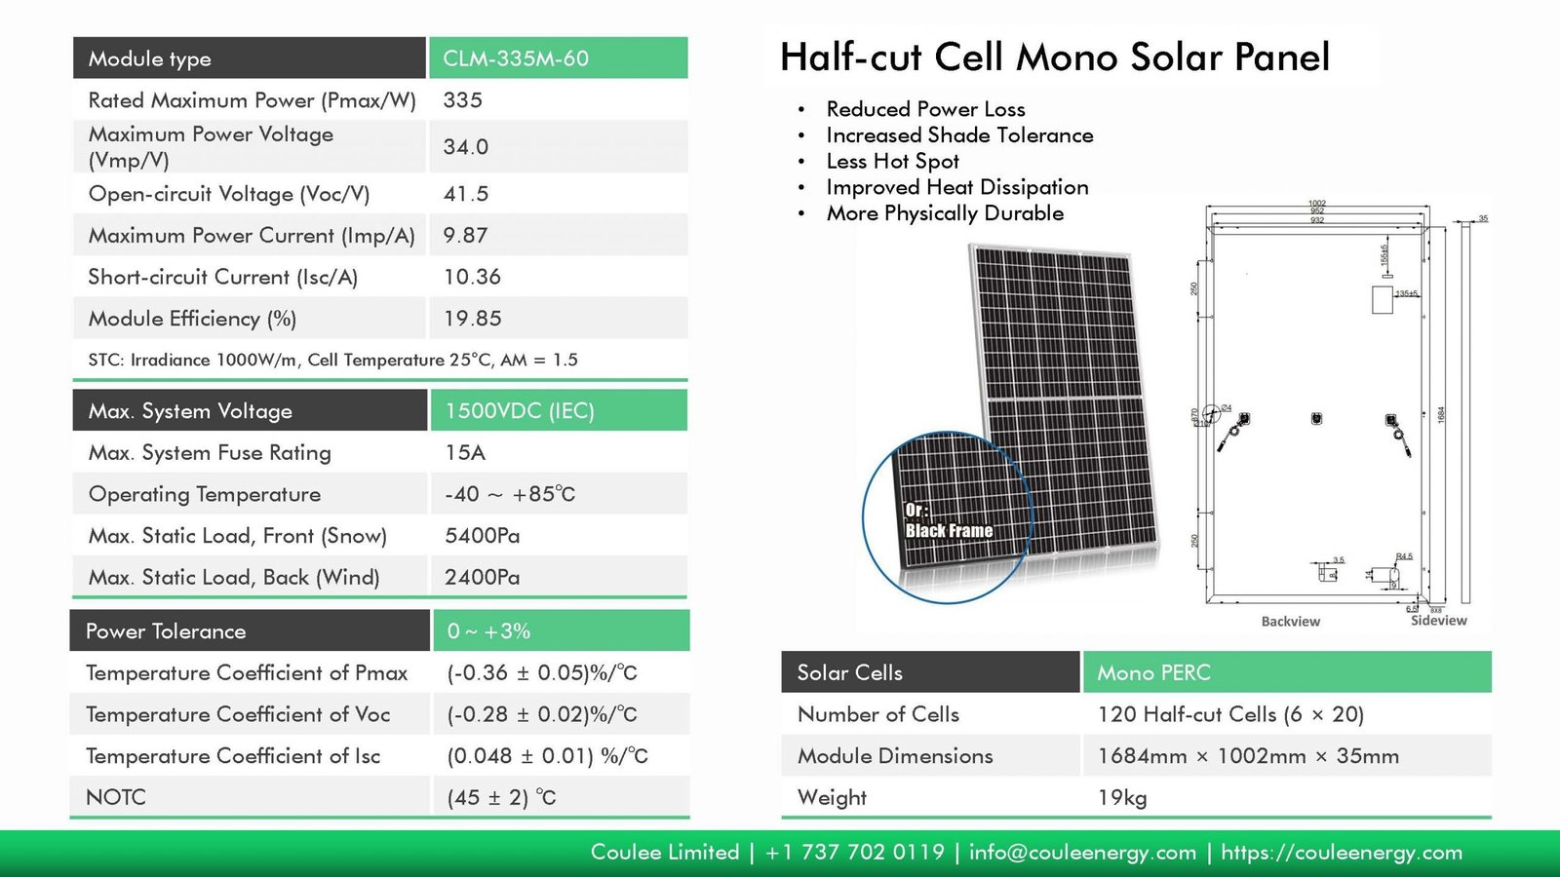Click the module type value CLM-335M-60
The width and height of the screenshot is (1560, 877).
point(516,58)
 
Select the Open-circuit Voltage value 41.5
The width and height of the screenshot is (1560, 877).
point(466,194)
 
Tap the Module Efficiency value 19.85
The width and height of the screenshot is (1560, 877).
point(472,319)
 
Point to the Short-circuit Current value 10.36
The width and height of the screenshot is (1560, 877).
point(472,277)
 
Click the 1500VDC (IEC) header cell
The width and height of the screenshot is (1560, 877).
point(520,411)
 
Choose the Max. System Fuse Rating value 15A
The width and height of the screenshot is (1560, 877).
point(465,453)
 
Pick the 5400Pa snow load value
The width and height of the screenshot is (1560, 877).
point(482,536)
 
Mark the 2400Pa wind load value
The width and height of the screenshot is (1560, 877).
point(482,578)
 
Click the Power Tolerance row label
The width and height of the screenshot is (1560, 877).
point(166,631)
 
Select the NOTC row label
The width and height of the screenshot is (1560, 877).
point(116,797)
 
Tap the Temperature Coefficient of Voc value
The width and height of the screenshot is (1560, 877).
point(542,714)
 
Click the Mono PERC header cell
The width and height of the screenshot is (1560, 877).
point(1153,672)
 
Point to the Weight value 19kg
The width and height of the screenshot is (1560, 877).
point(1122,797)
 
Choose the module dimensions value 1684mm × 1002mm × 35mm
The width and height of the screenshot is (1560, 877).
point(1248,756)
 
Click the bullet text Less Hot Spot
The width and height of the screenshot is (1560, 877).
point(892,162)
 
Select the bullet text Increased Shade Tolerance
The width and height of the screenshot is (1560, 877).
point(959,135)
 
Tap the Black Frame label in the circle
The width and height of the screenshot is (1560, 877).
point(949,530)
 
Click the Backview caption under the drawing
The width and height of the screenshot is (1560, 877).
point(1290,622)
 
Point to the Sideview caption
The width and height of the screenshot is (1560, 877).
point(1438,621)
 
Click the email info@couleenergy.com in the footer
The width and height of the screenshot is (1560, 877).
point(1082,853)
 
